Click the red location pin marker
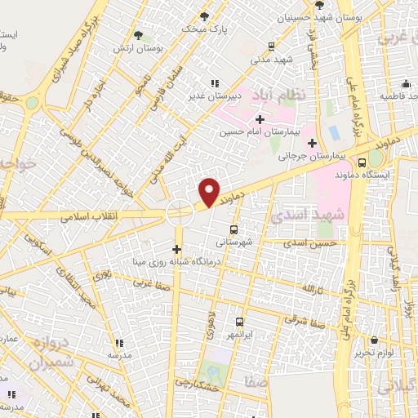(x=210, y=191)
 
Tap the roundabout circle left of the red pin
(x=179, y=214)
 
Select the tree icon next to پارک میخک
(x=204, y=16)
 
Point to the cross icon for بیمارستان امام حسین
(x=260, y=119)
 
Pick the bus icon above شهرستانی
(x=234, y=229)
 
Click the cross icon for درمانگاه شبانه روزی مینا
(x=177, y=249)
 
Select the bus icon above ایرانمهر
(x=240, y=322)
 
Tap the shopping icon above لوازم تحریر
(x=373, y=340)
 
